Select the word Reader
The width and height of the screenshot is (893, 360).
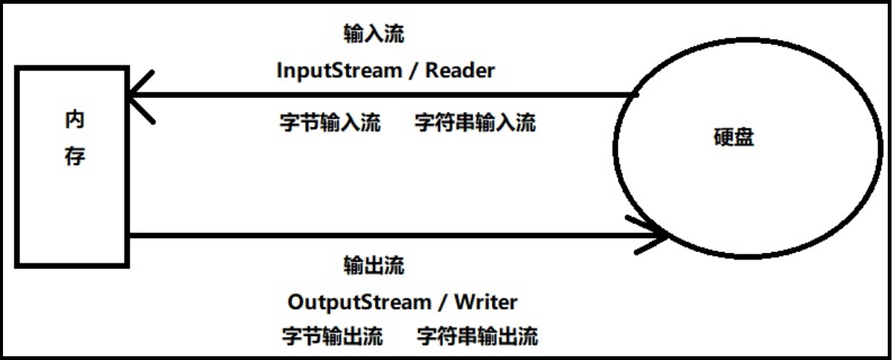[x=460, y=70]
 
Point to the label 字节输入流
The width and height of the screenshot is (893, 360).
[x=326, y=123]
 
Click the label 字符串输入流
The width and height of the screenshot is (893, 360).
[x=475, y=123]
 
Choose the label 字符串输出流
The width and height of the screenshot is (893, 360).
[x=478, y=335]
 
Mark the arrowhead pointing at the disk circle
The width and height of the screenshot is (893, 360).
[x=656, y=235]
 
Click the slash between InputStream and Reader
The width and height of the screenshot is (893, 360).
[x=412, y=71]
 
